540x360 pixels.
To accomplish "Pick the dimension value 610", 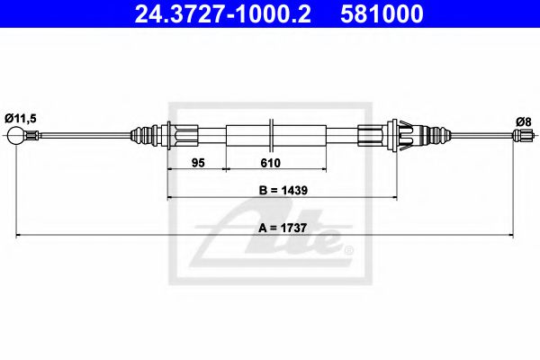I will [x=270, y=163].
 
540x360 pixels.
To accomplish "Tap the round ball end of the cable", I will [x=15, y=136].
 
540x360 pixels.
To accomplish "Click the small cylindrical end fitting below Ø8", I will [x=520, y=136].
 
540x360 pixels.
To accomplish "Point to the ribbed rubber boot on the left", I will [x=144, y=136].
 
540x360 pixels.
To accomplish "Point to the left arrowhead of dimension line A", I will [x=20, y=237].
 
